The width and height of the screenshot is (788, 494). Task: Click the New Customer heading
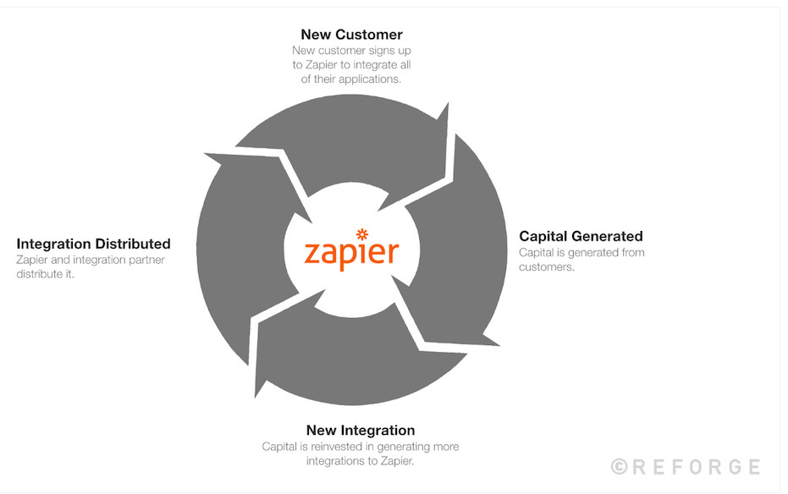351,35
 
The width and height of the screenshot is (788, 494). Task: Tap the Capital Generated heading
581,236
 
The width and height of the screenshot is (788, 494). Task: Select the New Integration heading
361,431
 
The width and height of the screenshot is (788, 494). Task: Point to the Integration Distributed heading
93,244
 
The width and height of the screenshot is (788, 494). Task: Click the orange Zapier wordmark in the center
351,252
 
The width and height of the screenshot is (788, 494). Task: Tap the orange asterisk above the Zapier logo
362,233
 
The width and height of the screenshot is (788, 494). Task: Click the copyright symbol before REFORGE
620,466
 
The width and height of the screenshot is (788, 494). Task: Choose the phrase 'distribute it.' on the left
45,275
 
